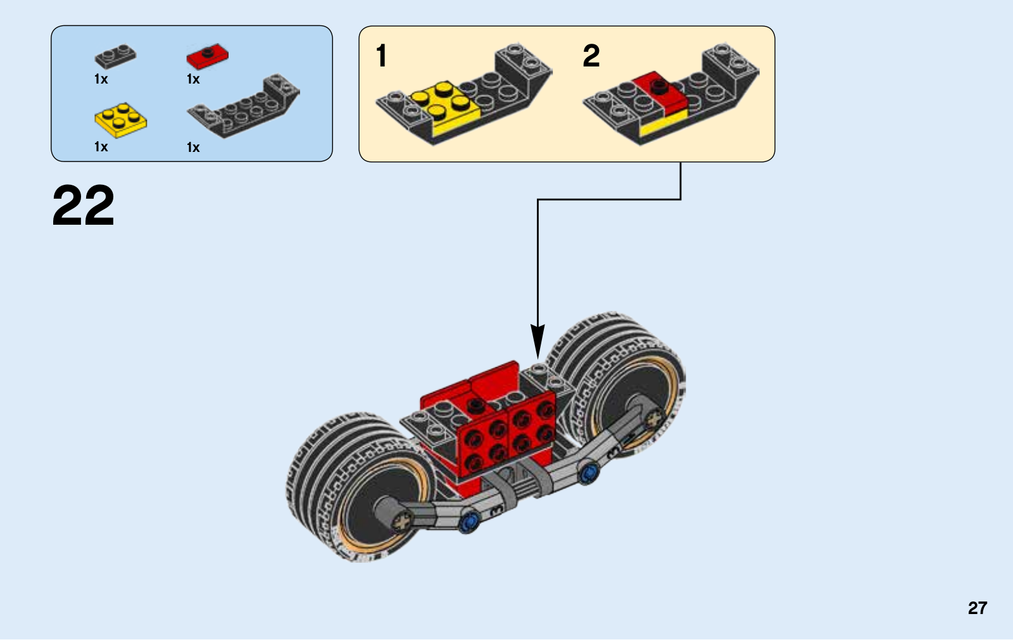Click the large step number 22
(x=84, y=206)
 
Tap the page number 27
(x=978, y=608)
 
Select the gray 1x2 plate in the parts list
(x=115, y=56)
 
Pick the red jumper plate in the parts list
(x=208, y=56)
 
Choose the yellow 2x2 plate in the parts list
(x=120, y=120)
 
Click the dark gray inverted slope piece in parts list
(x=244, y=105)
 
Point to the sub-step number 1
(x=381, y=56)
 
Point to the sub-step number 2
(x=591, y=56)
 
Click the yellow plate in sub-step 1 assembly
(x=446, y=108)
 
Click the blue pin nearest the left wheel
(x=469, y=522)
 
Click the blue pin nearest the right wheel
(x=588, y=473)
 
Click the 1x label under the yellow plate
(x=101, y=147)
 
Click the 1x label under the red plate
(x=193, y=79)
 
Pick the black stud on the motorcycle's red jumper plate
(x=475, y=405)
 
